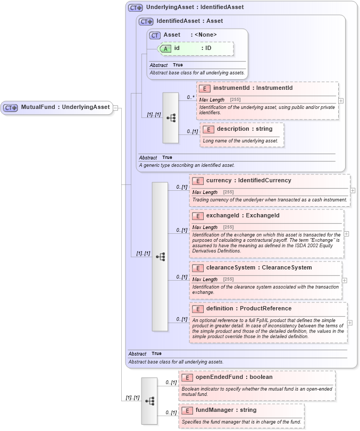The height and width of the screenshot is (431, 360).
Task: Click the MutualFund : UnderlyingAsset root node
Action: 57,107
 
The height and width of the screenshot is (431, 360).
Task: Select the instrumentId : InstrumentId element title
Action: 253,88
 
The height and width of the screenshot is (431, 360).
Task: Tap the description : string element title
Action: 244,129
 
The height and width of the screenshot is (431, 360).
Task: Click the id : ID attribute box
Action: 196,48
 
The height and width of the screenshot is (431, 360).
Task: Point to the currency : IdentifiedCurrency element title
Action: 248,180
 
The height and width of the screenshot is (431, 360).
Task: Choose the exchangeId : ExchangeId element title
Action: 242,215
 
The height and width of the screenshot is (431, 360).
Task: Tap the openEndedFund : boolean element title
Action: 233,377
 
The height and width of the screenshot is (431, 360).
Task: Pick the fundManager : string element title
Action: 225,410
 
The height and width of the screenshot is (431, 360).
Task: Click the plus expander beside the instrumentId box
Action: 341,100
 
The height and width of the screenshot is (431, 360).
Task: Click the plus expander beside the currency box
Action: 353,190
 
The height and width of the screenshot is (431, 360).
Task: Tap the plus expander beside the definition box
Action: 350,323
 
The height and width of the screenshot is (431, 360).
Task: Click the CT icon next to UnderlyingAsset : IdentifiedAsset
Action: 135,7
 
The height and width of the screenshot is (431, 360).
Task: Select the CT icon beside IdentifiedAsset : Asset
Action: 146,21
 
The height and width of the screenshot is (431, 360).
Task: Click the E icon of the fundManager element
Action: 187,410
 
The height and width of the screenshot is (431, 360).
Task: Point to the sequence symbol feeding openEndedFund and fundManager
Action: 149,401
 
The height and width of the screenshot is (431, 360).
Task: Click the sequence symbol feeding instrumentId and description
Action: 171,118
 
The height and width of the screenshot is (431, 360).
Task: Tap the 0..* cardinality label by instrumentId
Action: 190,97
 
